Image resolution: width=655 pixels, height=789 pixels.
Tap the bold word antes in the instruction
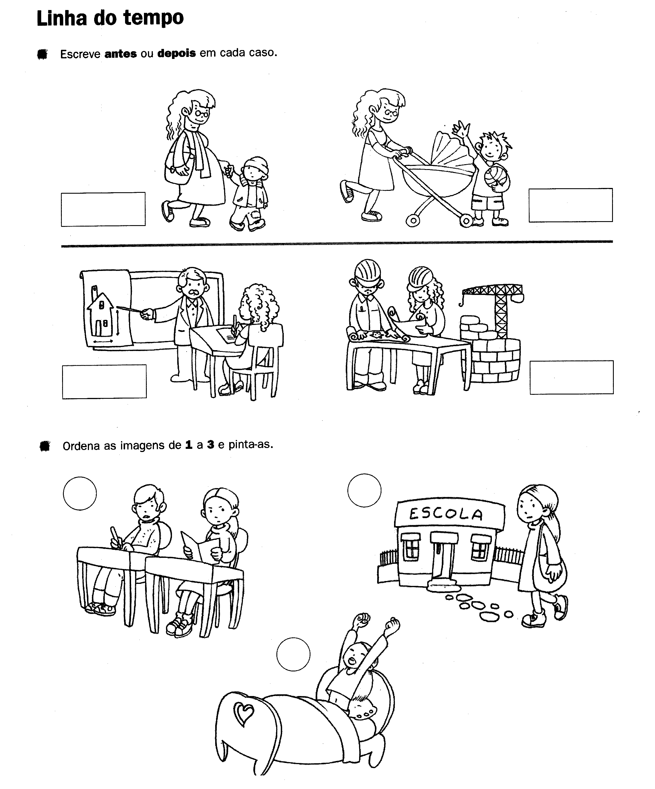coord(121,54)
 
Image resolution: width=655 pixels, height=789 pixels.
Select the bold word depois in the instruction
coord(177,53)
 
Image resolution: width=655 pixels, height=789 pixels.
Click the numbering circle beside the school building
coord(364,490)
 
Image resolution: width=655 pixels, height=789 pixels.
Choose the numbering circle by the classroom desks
coord(80,493)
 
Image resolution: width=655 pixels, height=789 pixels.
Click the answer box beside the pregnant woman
coord(103,209)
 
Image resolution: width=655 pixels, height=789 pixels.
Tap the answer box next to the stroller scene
coord(571,205)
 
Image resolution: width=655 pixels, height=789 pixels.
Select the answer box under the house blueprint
coord(104,381)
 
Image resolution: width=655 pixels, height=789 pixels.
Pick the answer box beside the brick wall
coord(571,377)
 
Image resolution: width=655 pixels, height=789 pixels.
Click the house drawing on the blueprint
coord(100,314)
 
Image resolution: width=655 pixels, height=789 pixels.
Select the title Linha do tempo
coord(110,18)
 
